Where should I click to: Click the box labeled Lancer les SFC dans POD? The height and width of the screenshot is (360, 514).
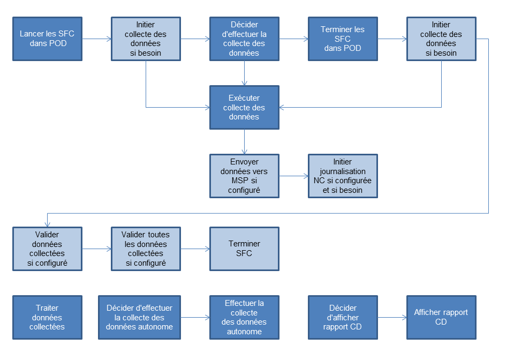point(47,39)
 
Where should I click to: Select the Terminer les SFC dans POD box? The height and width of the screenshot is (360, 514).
point(343,39)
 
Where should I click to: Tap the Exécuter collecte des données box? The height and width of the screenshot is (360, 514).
point(244,107)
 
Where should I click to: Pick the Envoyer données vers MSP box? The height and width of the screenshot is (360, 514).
point(244,176)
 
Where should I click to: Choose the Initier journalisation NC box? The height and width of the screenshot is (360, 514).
point(343,176)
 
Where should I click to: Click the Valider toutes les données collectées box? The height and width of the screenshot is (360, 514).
point(146,249)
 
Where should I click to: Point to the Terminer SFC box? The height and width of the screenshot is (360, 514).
point(244,249)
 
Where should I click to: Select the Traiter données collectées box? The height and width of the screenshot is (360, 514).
point(47,317)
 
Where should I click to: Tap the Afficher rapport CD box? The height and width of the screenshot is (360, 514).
point(441,317)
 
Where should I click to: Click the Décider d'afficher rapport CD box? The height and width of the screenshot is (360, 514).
point(343,317)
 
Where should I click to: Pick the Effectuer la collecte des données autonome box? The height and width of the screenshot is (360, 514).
point(244,317)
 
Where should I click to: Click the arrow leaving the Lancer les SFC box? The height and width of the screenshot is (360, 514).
point(97,39)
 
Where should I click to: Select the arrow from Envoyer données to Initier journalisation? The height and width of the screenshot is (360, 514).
point(294,176)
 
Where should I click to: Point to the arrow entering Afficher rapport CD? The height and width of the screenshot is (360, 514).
point(392,317)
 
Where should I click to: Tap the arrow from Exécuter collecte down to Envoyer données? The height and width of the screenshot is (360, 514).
point(244,141)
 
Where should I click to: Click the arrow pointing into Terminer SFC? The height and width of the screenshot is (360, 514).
point(195,249)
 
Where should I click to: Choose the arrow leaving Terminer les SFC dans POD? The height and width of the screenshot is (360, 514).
point(392,39)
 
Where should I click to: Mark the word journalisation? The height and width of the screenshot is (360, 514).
point(343,171)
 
